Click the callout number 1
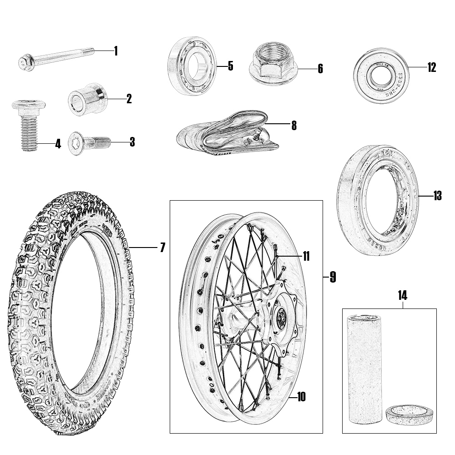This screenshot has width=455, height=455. pos(116,51)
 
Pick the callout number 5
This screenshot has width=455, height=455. pos(230,66)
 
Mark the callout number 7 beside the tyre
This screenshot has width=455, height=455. pos(162,248)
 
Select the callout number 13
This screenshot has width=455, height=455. pos(437,196)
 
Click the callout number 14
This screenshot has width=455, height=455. pos(402,295)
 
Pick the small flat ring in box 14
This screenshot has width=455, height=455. pos(408,415)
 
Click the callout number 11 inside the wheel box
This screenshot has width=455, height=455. pos(306,257)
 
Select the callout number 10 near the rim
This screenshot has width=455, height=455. pos(301,397)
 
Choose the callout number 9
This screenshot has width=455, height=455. pos(333,277)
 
